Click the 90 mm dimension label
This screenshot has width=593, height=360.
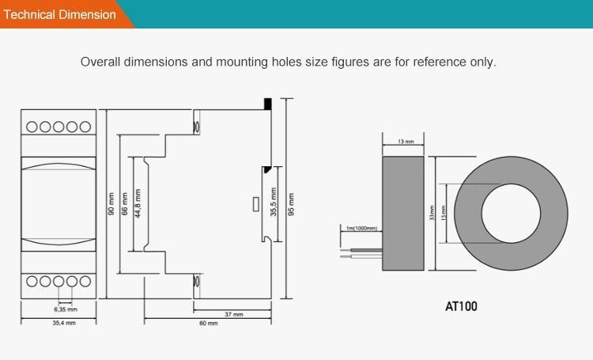(111, 204)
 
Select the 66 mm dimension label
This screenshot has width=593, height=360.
(124, 204)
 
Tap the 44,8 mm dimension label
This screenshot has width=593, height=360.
(138, 204)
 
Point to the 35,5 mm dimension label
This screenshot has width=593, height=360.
(274, 202)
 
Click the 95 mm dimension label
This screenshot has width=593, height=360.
(291, 204)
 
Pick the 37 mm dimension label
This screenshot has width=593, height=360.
(233, 314)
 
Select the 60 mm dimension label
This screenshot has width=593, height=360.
(208, 324)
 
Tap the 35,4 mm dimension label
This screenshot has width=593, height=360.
(64, 324)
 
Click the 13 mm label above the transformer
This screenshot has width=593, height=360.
(405, 141)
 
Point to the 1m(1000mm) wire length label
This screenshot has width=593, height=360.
(361, 229)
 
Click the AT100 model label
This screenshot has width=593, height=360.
(461, 306)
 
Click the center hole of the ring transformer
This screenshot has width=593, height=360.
(511, 212)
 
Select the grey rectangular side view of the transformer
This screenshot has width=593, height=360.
(404, 212)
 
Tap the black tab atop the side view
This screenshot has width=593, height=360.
(268, 104)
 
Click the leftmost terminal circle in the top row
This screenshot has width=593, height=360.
(32, 127)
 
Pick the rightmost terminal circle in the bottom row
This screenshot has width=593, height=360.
(85, 281)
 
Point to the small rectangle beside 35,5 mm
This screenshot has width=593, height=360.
(255, 204)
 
